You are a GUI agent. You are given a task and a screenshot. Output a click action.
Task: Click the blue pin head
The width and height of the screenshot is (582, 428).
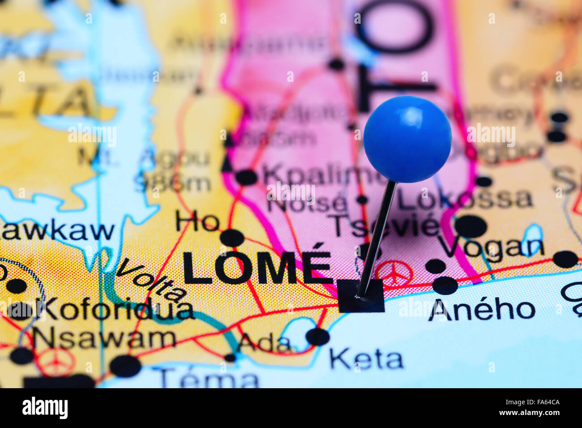tap(407, 139)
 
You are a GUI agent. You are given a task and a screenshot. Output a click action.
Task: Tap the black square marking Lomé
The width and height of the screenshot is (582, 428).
tap(361, 296)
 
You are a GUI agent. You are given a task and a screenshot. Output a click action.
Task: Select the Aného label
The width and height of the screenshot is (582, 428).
tap(481, 309)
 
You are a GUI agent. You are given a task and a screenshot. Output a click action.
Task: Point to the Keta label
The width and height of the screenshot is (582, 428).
tap(366, 359)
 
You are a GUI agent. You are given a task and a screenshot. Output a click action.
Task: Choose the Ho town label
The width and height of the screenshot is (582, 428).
tap(197, 221)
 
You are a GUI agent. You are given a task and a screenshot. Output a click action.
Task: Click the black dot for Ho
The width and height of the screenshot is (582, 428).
tap(232, 237)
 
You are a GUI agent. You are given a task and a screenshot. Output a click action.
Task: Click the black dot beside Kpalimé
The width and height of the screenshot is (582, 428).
tap(246, 177)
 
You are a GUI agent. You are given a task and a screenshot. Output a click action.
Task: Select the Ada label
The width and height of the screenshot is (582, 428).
tap(265, 343)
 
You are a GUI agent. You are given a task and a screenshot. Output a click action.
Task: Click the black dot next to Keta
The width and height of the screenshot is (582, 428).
tap(317, 336)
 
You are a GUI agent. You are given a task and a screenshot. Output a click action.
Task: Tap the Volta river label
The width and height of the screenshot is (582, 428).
tap(151, 280)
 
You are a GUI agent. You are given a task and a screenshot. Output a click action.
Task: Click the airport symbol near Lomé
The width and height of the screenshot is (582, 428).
tap(394, 272)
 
